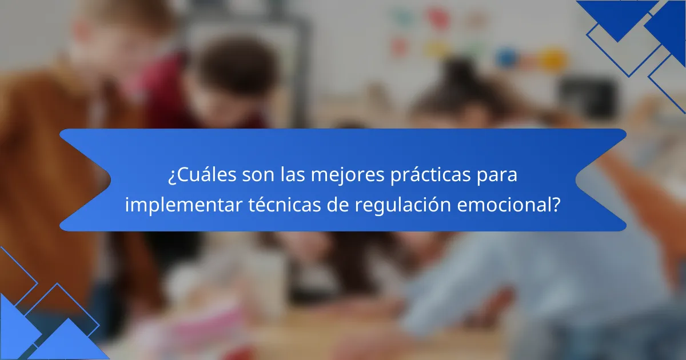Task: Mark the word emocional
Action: [x=504, y=205]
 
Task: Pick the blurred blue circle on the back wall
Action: [x=505, y=57]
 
